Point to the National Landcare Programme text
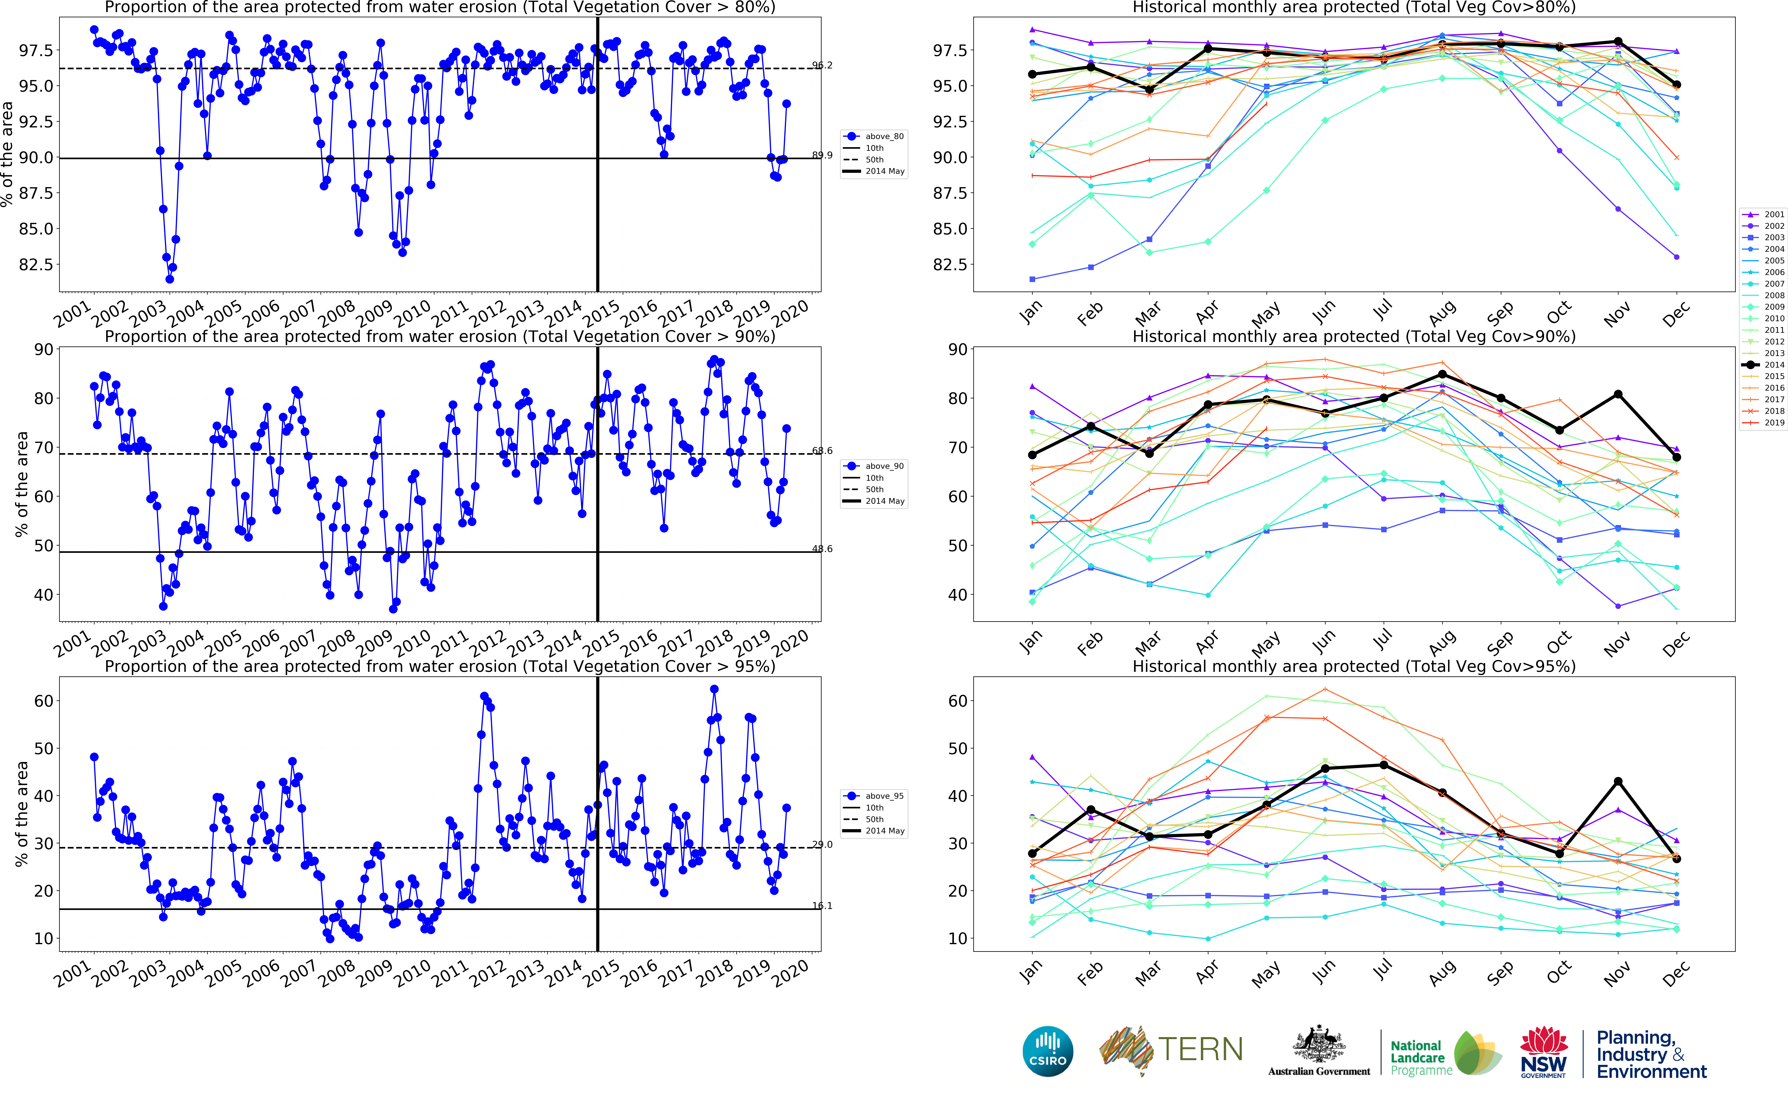[x=1420, y=1057]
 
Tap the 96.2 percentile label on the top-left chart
[x=822, y=65]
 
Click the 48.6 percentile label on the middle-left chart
[x=822, y=549]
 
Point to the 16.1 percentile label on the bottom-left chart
[x=822, y=906]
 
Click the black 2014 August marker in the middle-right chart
[x=1442, y=375]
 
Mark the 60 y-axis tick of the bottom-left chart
[x=44, y=701]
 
